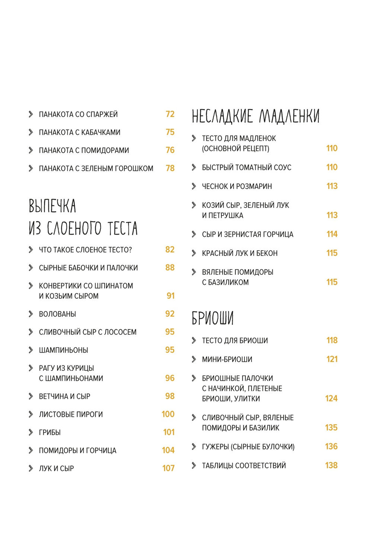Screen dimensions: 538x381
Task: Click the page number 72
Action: coord(170,114)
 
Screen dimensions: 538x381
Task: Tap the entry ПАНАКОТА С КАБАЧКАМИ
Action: coord(80,132)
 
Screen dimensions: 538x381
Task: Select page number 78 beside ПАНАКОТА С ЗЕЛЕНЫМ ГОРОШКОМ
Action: coord(170,168)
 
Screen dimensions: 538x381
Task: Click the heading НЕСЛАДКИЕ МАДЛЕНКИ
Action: coord(256,116)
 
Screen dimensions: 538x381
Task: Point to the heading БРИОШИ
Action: coord(212,318)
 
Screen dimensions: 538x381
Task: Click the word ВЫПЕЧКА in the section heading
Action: coord(52,206)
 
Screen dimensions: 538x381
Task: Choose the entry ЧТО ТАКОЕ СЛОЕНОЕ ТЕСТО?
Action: coord(85,250)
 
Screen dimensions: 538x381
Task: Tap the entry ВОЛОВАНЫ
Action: coord(57,314)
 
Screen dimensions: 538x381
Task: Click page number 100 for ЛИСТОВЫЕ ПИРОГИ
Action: coord(168,414)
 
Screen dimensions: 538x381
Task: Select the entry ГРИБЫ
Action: coord(50,432)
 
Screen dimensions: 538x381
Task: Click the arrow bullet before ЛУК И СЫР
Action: coord(31,468)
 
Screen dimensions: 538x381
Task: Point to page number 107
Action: coord(169,468)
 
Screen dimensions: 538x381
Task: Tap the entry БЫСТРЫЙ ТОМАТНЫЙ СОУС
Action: coord(246,167)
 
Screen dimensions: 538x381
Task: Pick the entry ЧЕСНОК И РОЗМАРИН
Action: coord(237,186)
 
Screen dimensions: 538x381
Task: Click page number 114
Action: coord(332,234)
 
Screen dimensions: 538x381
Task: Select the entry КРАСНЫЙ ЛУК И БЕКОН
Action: coord(240,254)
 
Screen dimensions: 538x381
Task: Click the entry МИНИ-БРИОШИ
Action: coord(227,359)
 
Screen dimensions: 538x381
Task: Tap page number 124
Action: coord(331,399)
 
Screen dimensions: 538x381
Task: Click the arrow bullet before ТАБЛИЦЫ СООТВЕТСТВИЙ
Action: coord(194,465)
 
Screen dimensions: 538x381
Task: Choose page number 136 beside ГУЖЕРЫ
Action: coord(331,447)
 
